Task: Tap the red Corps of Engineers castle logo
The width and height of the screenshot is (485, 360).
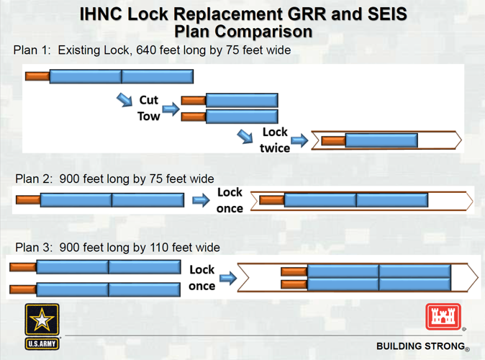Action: pyautogui.click(x=443, y=317)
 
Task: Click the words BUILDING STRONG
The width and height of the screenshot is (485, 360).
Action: pyautogui.click(x=420, y=346)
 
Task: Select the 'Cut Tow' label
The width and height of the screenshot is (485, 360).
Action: pyautogui.click(x=148, y=108)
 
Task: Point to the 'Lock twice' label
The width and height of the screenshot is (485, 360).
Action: pyautogui.click(x=275, y=140)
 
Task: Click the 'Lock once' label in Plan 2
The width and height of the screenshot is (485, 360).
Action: pyautogui.click(x=230, y=200)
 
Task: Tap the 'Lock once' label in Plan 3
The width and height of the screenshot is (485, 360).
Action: pyautogui.click(x=201, y=277)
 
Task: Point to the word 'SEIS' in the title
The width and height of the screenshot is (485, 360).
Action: pyautogui.click(x=381, y=14)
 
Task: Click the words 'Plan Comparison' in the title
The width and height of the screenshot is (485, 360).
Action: pyautogui.click(x=243, y=32)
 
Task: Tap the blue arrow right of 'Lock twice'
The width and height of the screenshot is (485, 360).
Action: pyautogui.click(x=299, y=140)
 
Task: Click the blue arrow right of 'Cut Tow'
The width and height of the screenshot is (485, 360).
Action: pyautogui.click(x=171, y=109)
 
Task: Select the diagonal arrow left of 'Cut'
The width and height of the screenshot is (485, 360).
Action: pyautogui.click(x=124, y=98)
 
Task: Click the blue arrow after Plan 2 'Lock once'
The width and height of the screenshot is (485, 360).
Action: pyautogui.click(x=201, y=200)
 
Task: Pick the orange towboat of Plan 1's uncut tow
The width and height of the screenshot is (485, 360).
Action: pyautogui.click(x=37, y=76)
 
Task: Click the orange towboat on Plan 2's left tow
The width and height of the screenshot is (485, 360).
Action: pyautogui.click(x=27, y=200)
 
